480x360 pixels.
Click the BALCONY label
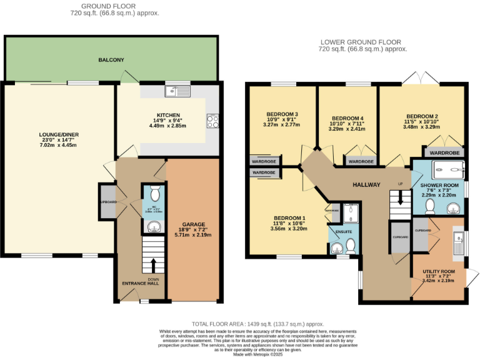[111, 60]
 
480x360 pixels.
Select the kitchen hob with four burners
[212, 121]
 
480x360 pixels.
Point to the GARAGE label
[193, 224]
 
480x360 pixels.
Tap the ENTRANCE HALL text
[141, 283]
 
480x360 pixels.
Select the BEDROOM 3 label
[282, 114]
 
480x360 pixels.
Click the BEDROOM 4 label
[347, 118]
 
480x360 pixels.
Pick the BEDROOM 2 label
[422, 116]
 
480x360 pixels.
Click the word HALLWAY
[367, 185]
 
